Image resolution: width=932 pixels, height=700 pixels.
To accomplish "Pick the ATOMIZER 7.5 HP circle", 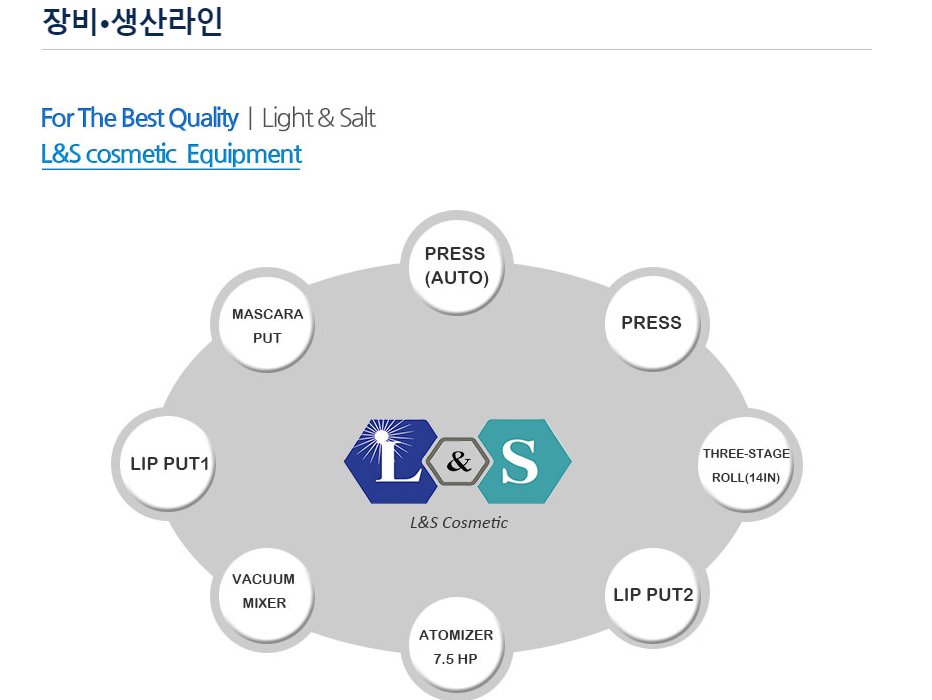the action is point(456,648).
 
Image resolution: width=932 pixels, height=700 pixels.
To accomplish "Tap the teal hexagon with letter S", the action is point(524,462).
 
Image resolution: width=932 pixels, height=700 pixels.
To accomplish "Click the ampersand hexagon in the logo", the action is point(458,461).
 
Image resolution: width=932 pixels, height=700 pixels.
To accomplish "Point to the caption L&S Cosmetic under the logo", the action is point(459,523).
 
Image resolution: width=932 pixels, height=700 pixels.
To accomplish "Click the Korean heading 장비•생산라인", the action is point(133,21).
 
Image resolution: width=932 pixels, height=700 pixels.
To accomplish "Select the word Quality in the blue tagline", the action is point(203,118).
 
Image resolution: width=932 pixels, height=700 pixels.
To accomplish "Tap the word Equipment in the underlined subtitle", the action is point(244,154).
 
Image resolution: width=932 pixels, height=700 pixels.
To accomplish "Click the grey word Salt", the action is point(357,118).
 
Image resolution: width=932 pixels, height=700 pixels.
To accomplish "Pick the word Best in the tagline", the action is point(143,118).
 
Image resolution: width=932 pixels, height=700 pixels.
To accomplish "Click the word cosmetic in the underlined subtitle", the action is point(131,154).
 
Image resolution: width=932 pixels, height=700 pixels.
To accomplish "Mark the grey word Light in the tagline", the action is point(288,118).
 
